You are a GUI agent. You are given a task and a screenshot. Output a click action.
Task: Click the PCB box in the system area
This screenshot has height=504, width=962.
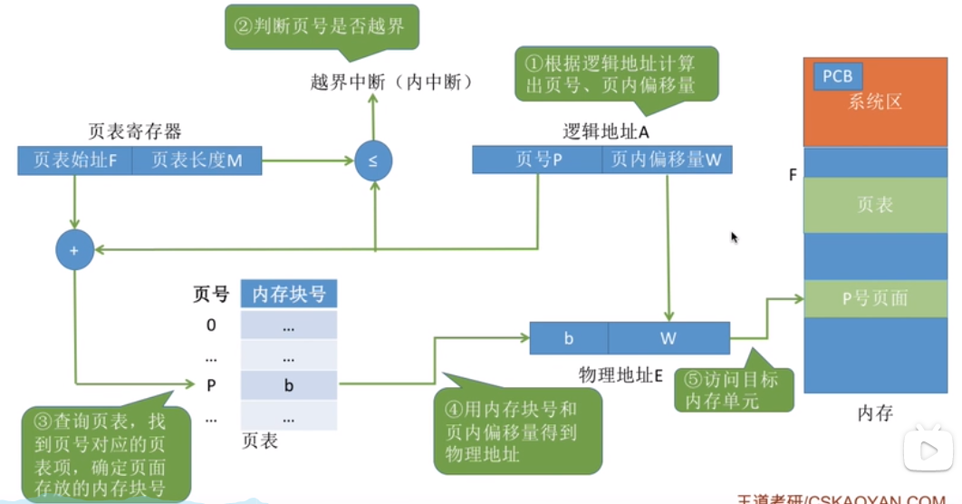coord(838,76)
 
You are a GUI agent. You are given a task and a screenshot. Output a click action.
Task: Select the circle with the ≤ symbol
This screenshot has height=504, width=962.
coord(374,161)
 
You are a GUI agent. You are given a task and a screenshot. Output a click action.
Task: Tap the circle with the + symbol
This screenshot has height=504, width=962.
coord(74,249)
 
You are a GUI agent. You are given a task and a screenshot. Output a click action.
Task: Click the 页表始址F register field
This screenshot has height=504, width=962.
coord(74,161)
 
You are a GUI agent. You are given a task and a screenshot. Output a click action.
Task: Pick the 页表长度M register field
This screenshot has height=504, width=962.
coord(197,161)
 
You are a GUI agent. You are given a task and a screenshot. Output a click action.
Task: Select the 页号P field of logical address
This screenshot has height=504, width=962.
coord(537,160)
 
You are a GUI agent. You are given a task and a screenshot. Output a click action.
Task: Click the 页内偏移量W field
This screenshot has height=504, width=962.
coord(667,160)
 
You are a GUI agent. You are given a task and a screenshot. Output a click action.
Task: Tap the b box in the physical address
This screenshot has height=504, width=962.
coord(569,339)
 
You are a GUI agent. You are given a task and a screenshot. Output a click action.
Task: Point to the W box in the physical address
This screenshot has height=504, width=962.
coord(669,339)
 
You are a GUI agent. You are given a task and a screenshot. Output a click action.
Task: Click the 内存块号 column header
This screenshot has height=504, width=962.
coord(289,294)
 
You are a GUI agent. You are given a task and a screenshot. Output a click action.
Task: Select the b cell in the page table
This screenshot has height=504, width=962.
coord(289,385)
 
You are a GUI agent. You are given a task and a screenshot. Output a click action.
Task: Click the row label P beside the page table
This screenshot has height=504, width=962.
coord(211,385)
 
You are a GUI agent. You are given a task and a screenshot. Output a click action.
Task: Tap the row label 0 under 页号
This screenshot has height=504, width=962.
coord(211,325)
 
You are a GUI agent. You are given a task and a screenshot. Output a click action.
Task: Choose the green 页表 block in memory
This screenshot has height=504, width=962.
coord(874,206)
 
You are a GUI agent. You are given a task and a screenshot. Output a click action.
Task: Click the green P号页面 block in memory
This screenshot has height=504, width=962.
coord(874,298)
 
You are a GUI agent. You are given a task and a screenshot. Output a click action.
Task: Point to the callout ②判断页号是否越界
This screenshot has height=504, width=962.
coord(322,27)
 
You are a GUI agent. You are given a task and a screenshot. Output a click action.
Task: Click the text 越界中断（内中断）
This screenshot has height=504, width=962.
coord(391,82)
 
